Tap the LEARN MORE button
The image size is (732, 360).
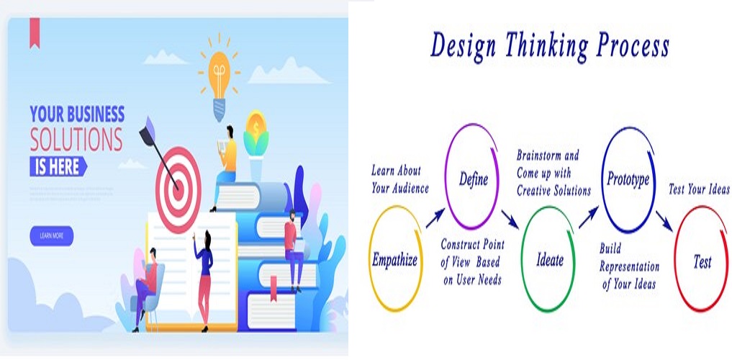click(x=51, y=235)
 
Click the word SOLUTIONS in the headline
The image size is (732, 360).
click(x=76, y=140)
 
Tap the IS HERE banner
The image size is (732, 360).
click(x=58, y=167)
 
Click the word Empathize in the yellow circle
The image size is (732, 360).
click(x=394, y=260)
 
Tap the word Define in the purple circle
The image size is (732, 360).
click(x=474, y=179)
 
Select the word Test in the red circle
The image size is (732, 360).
click(x=702, y=262)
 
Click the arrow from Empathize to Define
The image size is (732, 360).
click(x=434, y=217)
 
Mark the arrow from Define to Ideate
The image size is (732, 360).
click(x=510, y=217)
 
